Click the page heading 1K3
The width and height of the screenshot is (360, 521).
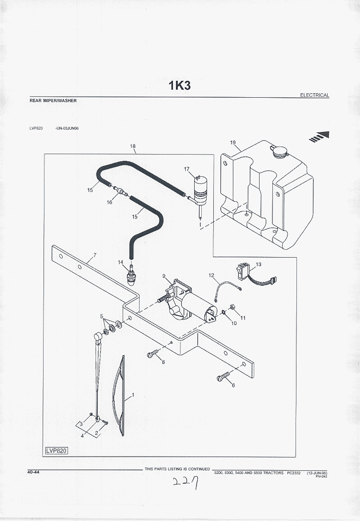(180, 85)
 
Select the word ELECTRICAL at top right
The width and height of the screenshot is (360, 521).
(315, 95)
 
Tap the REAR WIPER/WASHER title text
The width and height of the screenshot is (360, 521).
(53, 101)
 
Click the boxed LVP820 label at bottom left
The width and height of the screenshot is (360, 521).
(56, 451)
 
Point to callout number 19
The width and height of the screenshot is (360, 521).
(233, 143)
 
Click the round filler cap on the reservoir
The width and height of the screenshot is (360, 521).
(279, 151)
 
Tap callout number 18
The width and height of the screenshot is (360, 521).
(132, 146)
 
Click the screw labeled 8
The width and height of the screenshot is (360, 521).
(152, 354)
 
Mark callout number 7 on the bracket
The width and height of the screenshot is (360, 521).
(94, 255)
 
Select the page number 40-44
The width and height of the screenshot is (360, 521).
(33, 472)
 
